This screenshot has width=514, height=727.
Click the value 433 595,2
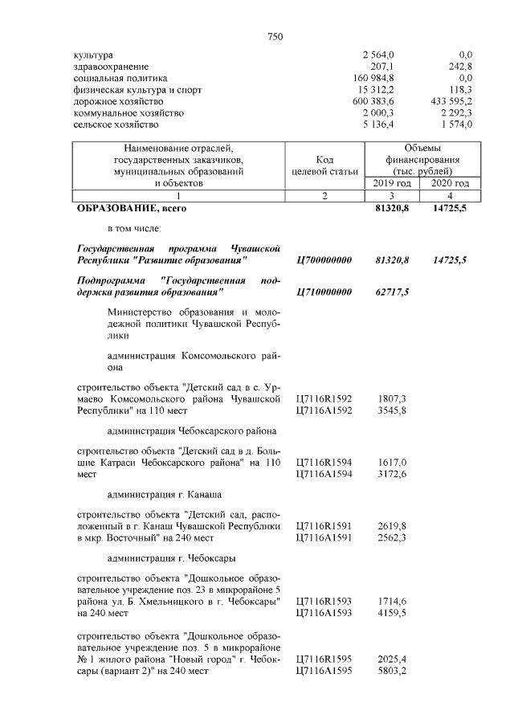click(451, 102)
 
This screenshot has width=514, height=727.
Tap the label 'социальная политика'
click(120, 78)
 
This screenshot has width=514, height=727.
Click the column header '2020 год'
click(450, 184)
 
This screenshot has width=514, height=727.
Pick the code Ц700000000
click(324, 261)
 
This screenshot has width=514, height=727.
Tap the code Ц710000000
click(324, 292)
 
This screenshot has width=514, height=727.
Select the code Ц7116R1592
click(324, 398)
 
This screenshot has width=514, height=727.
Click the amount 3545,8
click(392, 410)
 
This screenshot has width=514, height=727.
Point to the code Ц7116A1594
click(324, 476)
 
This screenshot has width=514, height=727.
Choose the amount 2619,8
click(392, 525)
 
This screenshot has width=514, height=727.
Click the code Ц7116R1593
click(324, 602)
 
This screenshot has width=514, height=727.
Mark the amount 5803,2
click(392, 671)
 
